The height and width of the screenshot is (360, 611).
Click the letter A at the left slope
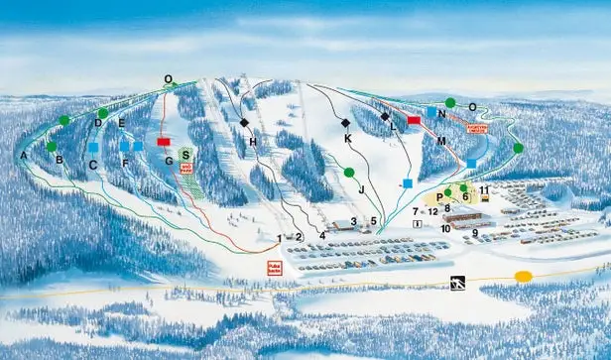coord(22,156)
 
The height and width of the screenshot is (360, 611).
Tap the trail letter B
coord(60,160)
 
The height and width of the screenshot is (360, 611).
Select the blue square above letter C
coord(92,147)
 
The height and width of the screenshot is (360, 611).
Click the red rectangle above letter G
coord(164,142)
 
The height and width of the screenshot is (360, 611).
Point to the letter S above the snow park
coord(185,155)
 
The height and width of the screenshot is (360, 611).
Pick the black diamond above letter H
coord(244,123)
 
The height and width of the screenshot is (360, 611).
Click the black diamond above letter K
coord(345,123)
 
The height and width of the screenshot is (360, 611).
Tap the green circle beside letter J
coord(349,173)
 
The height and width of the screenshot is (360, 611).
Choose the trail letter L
coord(394,127)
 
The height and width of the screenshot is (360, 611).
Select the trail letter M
coord(440,142)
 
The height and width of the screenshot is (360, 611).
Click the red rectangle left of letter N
coord(414,120)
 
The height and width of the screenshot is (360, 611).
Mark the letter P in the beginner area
coord(437,198)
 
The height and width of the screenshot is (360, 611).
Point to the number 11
coord(484,189)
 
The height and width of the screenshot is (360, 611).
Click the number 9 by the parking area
coord(475,233)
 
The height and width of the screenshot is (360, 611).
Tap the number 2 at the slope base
coord(299,237)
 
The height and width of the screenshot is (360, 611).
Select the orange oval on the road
coord(523,276)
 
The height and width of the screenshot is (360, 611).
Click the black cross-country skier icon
coord(457,284)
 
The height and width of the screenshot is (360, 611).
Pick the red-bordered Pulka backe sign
coord(275,267)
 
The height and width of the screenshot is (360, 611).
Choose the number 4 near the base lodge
coord(322,235)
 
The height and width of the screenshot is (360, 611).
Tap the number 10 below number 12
coord(445,228)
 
